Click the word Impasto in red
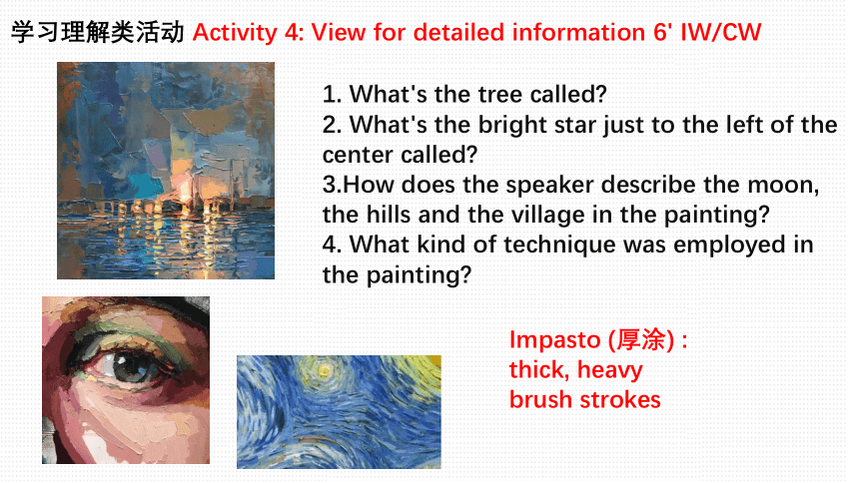pos(554,340)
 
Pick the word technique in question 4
pos(560,245)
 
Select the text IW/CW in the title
pos(720,32)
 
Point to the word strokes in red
pos(619,400)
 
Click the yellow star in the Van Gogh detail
pos(324,371)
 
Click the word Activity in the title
pos(235,32)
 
